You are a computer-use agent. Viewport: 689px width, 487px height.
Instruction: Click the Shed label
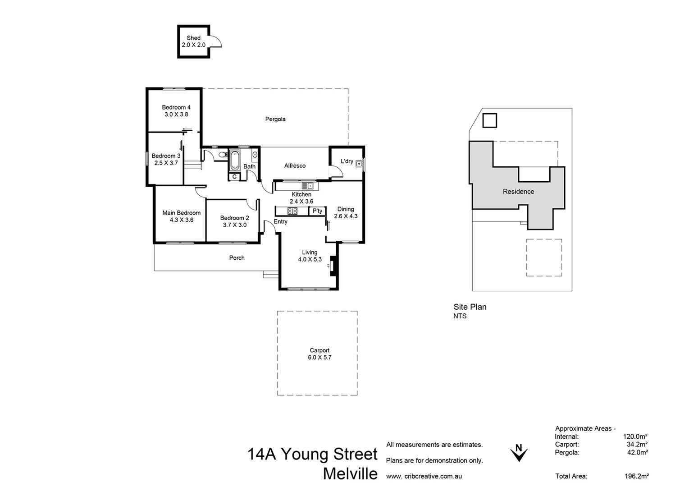click(193, 38)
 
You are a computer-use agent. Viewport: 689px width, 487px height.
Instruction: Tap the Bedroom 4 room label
click(176, 107)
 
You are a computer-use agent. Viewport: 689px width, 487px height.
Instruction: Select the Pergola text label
click(275, 119)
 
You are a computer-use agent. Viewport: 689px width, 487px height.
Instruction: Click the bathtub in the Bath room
click(235, 161)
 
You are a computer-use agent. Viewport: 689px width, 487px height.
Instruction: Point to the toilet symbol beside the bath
click(222, 155)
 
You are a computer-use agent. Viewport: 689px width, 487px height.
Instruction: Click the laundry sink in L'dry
click(359, 163)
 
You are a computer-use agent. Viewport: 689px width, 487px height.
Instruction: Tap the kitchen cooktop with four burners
click(292, 211)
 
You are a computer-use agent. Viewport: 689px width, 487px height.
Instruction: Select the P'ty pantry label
click(317, 211)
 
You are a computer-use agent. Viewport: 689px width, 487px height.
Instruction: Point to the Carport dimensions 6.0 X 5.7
click(319, 358)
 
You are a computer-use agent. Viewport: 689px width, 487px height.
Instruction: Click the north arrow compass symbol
click(519, 453)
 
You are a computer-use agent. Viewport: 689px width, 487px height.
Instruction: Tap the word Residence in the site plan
click(518, 192)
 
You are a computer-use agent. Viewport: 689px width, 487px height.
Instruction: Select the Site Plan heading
click(470, 307)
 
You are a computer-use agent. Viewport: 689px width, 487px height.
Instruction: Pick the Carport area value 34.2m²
click(637, 445)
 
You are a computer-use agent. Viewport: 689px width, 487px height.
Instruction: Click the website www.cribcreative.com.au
click(424, 476)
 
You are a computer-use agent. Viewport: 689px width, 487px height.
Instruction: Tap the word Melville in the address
click(350, 474)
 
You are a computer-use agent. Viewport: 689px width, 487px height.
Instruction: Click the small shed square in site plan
click(489, 121)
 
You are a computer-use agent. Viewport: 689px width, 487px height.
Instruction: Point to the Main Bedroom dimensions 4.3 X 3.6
click(182, 220)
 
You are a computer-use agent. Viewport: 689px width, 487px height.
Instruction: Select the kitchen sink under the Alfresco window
click(307, 185)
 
